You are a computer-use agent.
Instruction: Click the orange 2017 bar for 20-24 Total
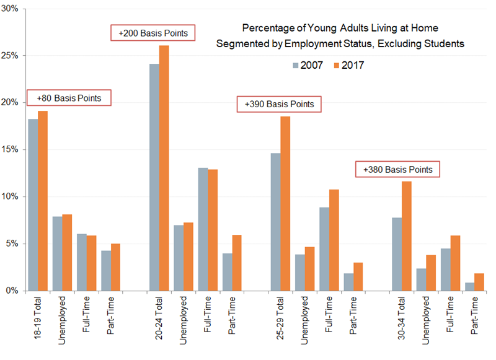tap(164, 167)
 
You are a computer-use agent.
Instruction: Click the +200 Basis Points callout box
tap(153, 33)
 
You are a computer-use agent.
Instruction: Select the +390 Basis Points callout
tap(279, 105)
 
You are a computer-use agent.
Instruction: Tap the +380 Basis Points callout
tap(397, 169)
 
